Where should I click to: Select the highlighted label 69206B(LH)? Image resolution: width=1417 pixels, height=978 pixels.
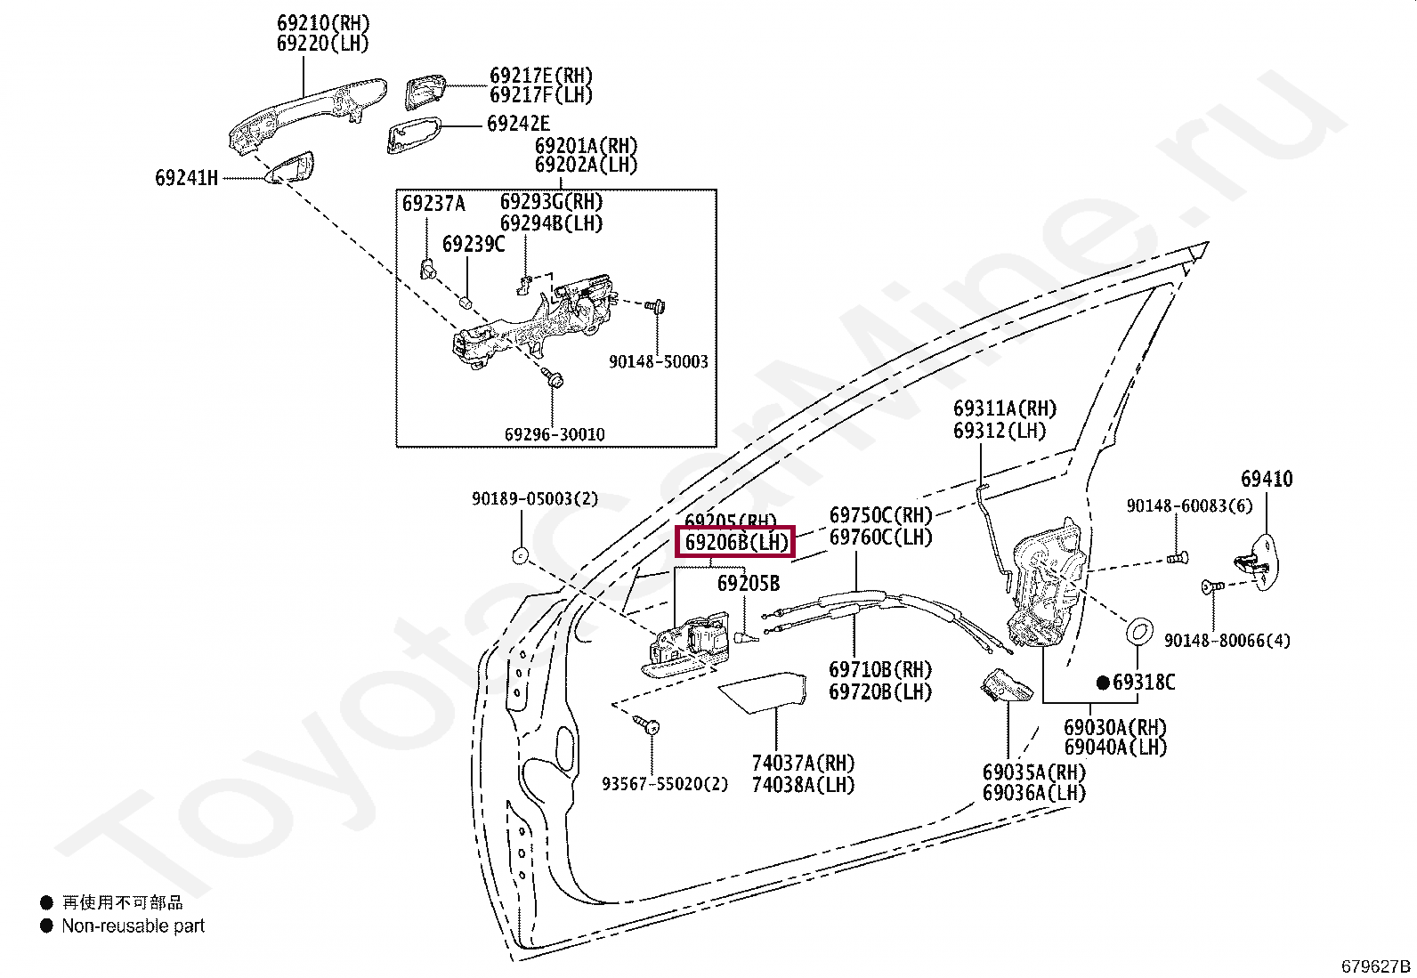coord(735,542)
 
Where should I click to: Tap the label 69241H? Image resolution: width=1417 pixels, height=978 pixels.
coord(186,178)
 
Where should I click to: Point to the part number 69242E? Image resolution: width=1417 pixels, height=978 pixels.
coord(518,124)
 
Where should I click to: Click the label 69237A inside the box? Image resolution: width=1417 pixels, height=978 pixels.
coord(433,204)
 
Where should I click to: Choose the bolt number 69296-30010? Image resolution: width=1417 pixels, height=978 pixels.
coord(555,434)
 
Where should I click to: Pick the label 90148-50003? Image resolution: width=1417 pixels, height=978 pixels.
coord(659,362)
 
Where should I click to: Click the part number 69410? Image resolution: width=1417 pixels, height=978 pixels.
coord(1267,480)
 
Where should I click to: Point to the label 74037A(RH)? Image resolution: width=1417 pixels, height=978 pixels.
coord(803,764)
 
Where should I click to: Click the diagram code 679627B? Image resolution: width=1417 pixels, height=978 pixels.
coord(1376,966)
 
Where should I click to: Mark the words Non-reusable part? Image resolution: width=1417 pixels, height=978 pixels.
coord(133,925)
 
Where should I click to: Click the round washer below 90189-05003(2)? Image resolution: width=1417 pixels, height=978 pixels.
coord(518,557)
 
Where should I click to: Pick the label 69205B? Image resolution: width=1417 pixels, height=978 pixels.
coord(749,584)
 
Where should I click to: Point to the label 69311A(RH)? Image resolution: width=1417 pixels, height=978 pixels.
coord(1004,409)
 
